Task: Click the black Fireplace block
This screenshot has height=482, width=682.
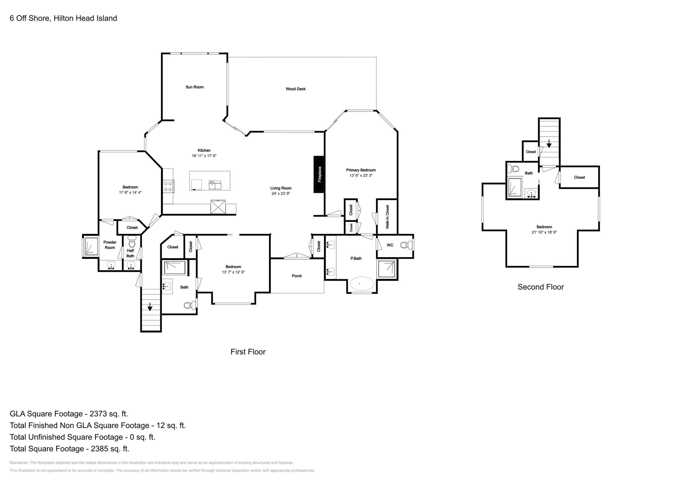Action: [x=319, y=174]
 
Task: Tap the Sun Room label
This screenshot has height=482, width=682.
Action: [x=195, y=87]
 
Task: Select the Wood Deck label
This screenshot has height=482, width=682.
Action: [x=295, y=89]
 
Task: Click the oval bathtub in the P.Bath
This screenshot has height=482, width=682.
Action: [x=361, y=284]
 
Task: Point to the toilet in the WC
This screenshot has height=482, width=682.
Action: [x=406, y=245]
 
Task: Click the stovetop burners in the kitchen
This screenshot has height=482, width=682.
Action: [x=168, y=186]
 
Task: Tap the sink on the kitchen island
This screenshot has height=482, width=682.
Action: [x=215, y=185]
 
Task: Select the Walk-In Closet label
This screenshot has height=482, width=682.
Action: [x=387, y=217]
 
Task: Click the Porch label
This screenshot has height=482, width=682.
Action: [x=297, y=276]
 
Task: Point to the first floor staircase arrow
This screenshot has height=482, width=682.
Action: [x=150, y=307]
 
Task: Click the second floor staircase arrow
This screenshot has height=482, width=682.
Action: [x=549, y=144]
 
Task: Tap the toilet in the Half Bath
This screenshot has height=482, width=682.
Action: [x=132, y=242]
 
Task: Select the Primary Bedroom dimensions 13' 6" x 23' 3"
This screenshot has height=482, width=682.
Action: [x=361, y=175]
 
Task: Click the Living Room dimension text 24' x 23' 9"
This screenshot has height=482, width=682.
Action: [x=281, y=193]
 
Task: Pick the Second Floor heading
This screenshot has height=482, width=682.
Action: [x=541, y=287]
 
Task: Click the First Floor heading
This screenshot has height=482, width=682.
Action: [x=248, y=352]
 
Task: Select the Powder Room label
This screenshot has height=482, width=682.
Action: [x=110, y=245]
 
